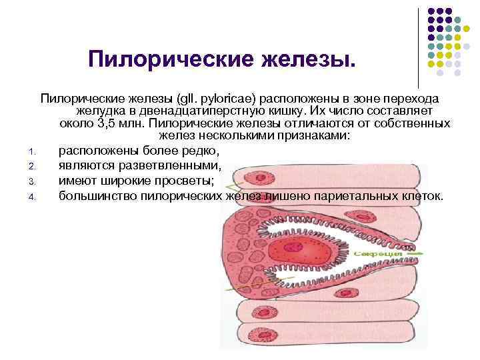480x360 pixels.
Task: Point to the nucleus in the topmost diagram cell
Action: click(x=255, y=177)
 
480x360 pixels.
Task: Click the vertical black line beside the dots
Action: click(x=418, y=47)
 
